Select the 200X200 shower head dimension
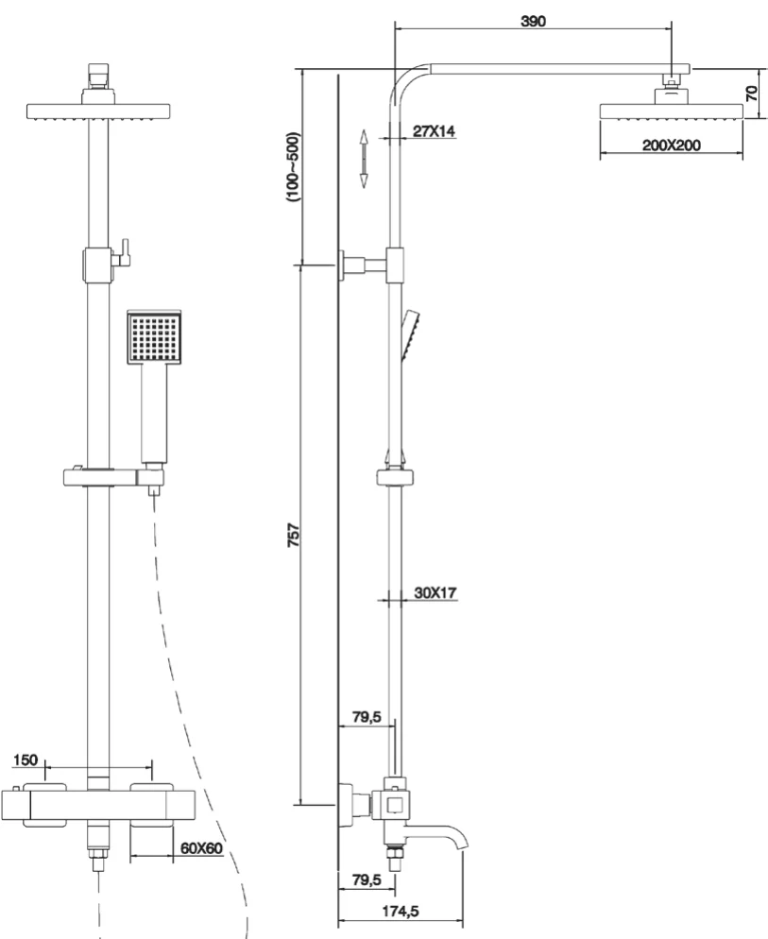coord(672,145)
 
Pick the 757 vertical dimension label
coord(293,534)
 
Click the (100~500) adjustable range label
coord(293,166)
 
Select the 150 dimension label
coord(26,759)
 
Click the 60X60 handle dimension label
coord(200,847)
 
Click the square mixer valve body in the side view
coord(394,804)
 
